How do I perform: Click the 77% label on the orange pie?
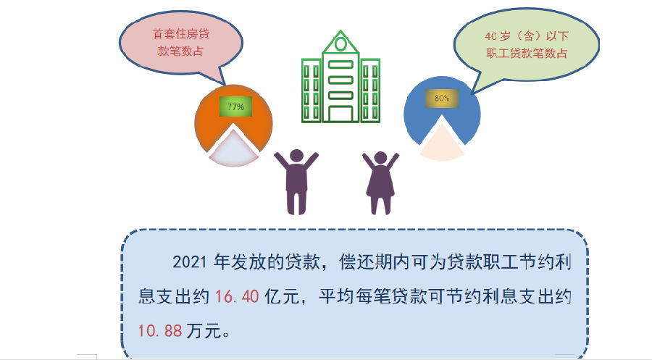tap(235, 106)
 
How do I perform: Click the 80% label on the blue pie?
tap(442, 98)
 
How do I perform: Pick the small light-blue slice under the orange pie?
tap(233, 151)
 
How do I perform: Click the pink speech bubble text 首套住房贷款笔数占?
tap(181, 43)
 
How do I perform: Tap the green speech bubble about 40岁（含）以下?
tap(527, 44)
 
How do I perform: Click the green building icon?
tap(340, 77)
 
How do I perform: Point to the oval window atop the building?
tap(340, 43)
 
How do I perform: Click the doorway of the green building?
tap(340, 114)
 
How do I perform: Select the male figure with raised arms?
tap(296, 182)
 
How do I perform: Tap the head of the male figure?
tap(296, 156)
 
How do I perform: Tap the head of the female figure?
tap(380, 158)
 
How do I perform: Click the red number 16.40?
tap(237, 296)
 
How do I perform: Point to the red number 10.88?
tap(160, 331)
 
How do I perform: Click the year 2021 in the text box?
tap(190, 262)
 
